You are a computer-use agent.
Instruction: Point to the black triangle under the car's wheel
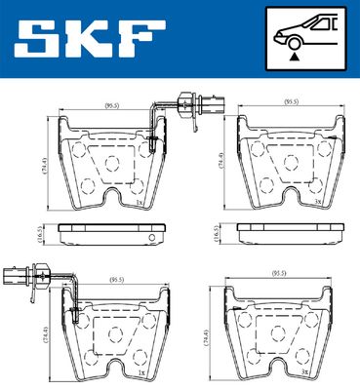point(294,58)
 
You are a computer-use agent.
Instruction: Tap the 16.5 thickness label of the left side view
point(42,234)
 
